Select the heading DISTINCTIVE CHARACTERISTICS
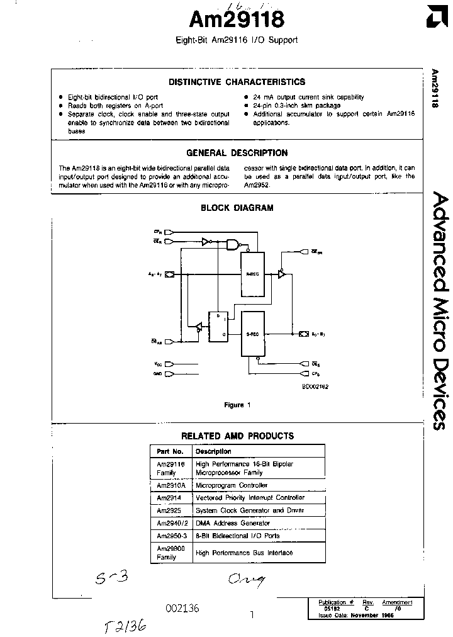click(x=237, y=82)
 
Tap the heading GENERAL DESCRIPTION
click(x=237, y=153)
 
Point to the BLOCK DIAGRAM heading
click(x=237, y=208)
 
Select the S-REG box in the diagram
click(x=254, y=334)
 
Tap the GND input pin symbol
click(x=169, y=373)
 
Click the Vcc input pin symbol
click(x=169, y=364)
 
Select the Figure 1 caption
click(x=237, y=405)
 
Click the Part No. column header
click(x=170, y=451)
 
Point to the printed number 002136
click(x=182, y=608)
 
